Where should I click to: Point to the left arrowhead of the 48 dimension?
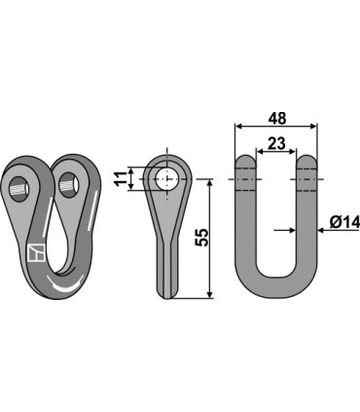[237, 127]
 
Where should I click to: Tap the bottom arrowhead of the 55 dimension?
[210, 294]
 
